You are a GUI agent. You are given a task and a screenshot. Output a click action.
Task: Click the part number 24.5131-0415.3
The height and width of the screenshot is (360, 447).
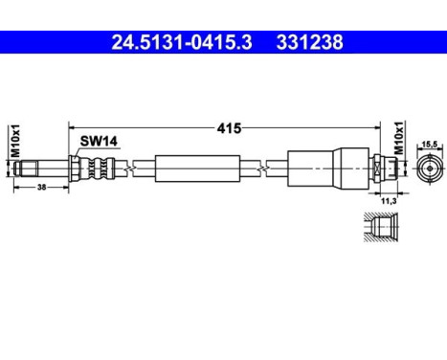[x=183, y=42]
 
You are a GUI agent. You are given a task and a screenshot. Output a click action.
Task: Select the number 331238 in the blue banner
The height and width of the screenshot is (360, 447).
[x=309, y=42]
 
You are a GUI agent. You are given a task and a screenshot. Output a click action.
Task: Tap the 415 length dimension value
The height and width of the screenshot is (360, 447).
[x=227, y=126]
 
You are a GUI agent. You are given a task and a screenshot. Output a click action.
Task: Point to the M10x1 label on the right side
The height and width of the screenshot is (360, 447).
[x=399, y=141]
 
